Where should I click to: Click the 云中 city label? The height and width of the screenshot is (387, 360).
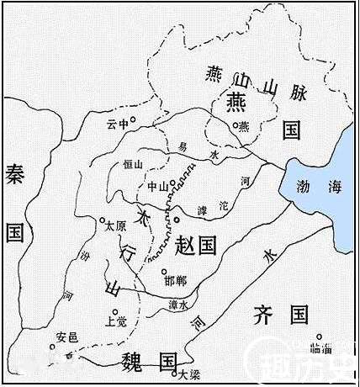pos(118,123)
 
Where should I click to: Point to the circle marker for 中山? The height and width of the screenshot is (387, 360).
pos(172,183)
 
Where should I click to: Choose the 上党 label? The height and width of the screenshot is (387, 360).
pos(114,320)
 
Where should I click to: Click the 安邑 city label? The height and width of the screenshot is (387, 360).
pos(66,337)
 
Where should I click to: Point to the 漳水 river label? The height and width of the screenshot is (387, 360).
pos(178,305)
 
